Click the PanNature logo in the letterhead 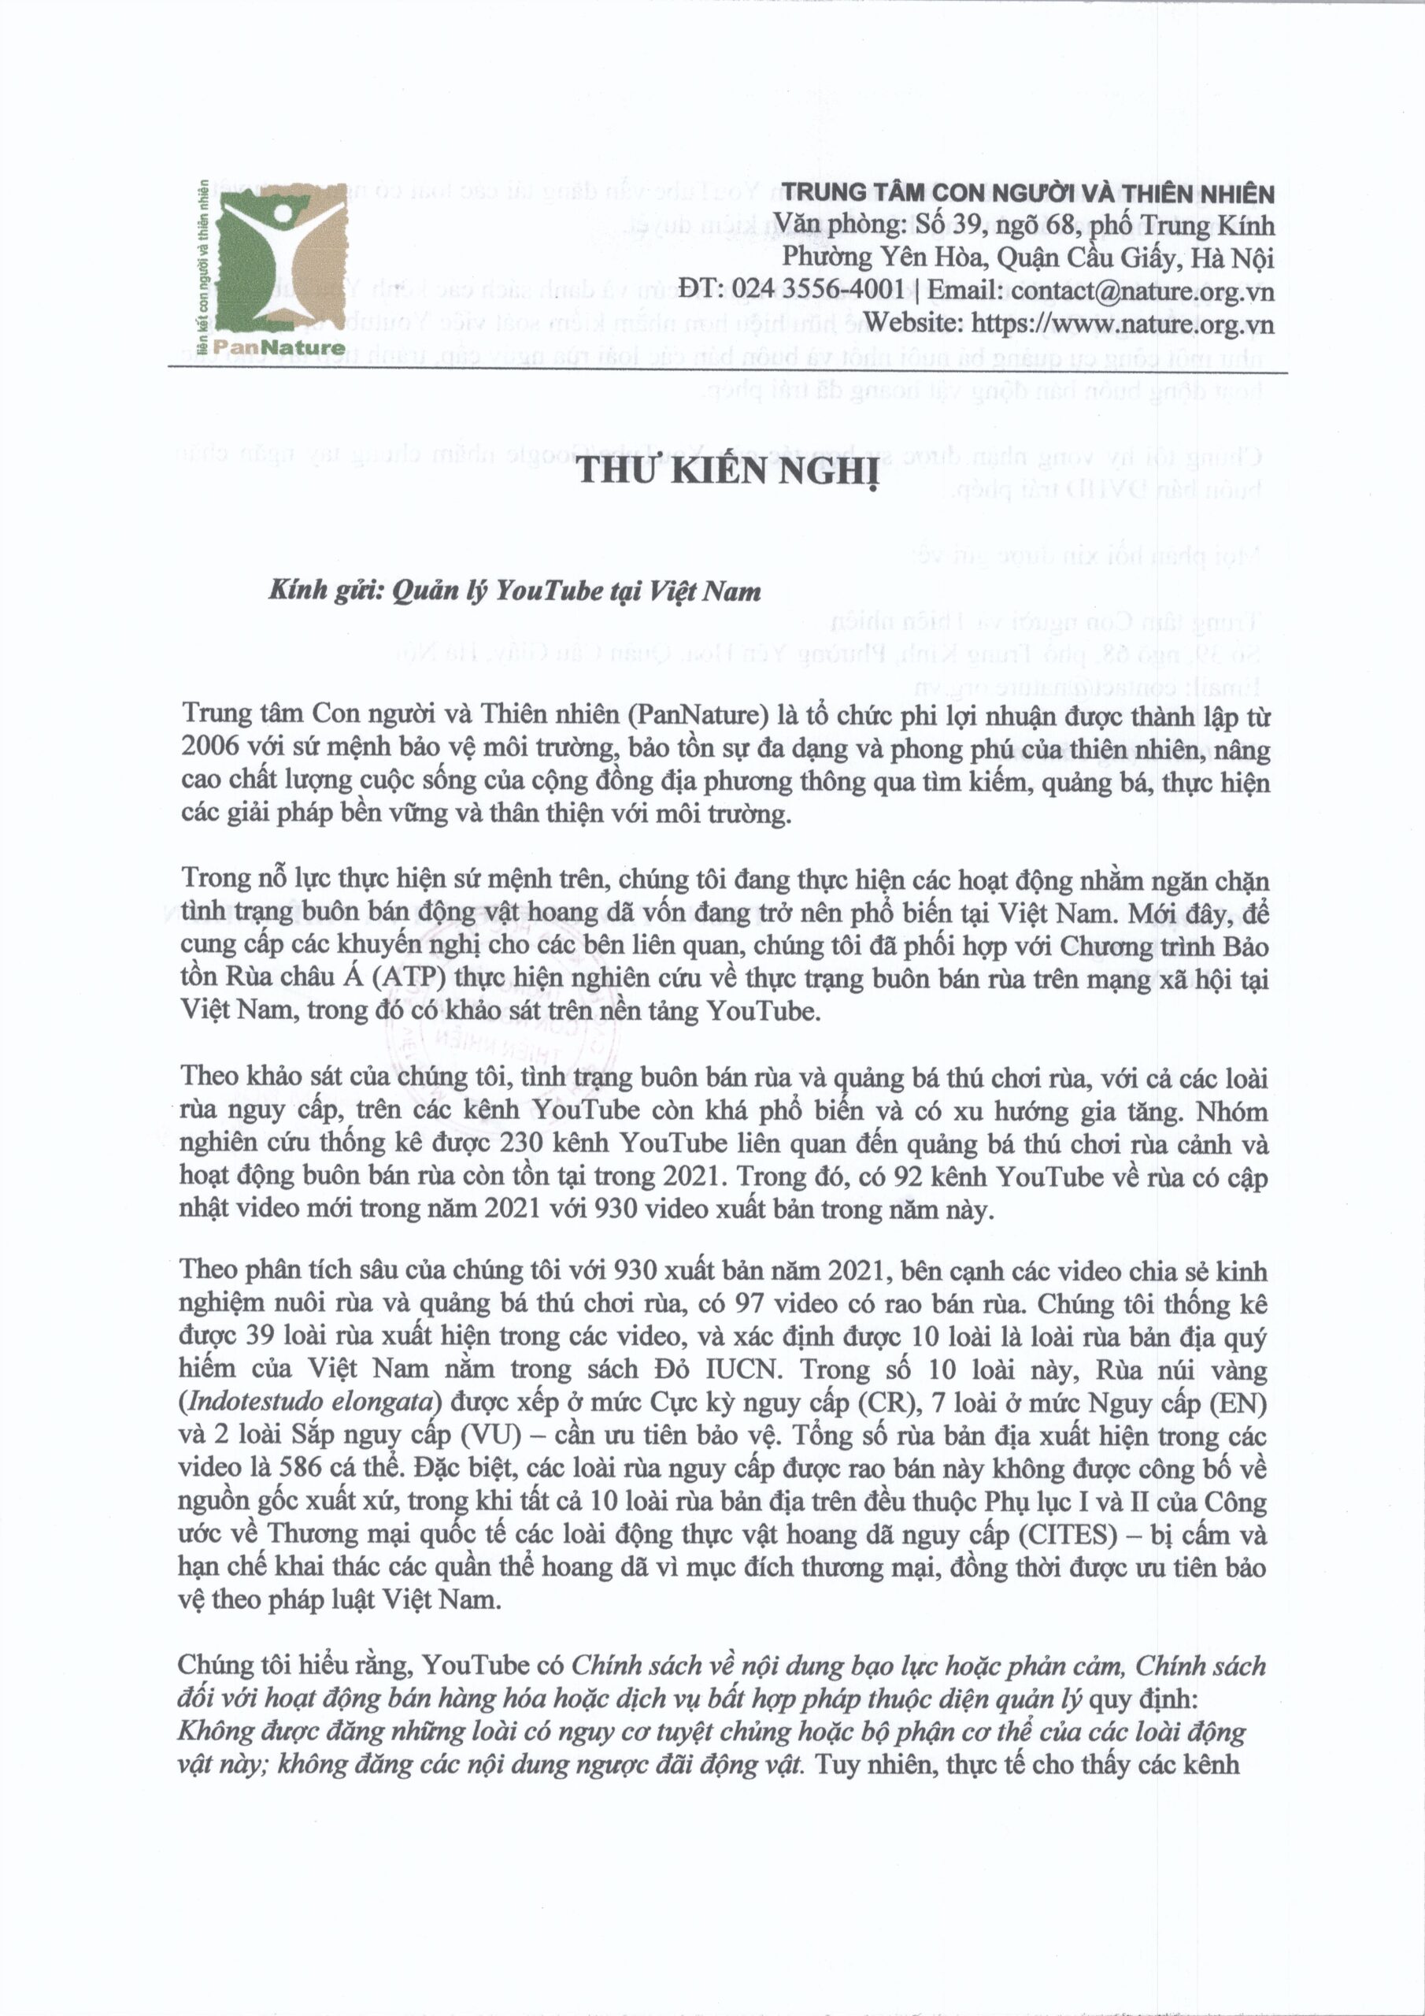272,269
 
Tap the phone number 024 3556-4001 818,290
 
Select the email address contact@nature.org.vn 1142,291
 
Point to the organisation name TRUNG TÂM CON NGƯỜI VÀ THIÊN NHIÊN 1028,193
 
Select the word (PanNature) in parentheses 694,715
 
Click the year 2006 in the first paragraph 210,747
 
